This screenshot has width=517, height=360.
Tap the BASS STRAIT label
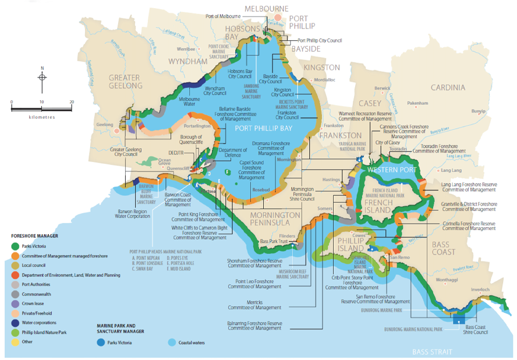(x=432, y=352)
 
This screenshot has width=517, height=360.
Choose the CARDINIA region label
(x=448, y=87)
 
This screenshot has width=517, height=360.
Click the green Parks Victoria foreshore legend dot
(x=14, y=245)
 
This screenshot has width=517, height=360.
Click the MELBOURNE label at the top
(x=266, y=9)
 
